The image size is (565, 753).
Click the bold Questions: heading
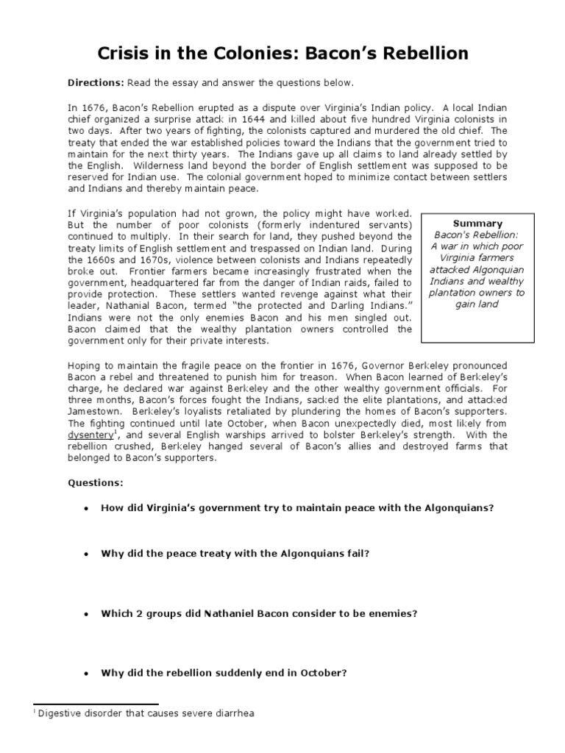pos(96,482)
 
